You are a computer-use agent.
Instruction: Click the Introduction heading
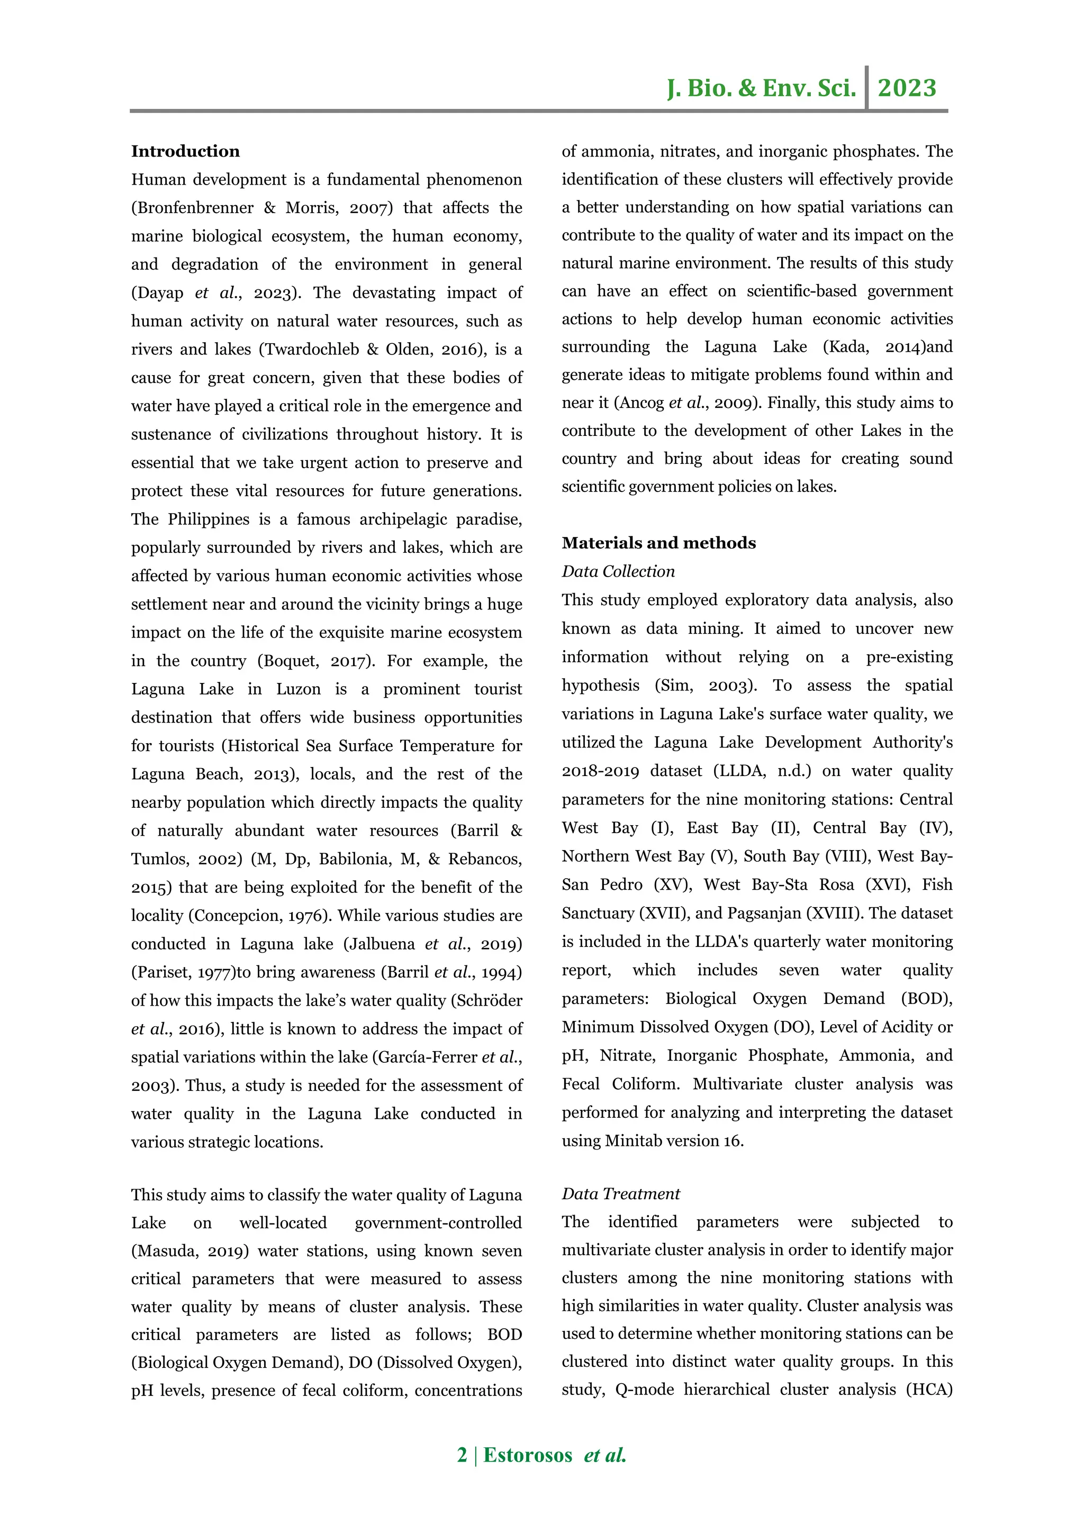pyautogui.click(x=185, y=152)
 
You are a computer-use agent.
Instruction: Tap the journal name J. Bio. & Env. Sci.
pyautogui.click(x=762, y=88)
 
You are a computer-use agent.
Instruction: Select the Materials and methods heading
pyautogui.click(x=658, y=543)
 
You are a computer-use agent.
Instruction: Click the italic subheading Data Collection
pyautogui.click(x=618, y=571)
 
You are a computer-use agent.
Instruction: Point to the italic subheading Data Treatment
pyautogui.click(x=620, y=1194)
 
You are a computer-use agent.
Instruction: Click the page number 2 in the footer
pyautogui.click(x=462, y=1455)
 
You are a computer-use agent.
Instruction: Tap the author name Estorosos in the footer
pyautogui.click(x=528, y=1455)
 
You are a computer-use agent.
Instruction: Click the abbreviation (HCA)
pyautogui.click(x=929, y=1390)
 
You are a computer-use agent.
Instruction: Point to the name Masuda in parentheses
pyautogui.click(x=167, y=1251)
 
